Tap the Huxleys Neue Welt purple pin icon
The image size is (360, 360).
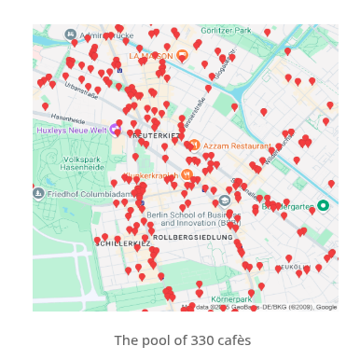coord(115,130)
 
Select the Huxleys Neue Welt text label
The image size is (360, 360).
coord(72,131)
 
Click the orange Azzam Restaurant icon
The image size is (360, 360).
coord(194,145)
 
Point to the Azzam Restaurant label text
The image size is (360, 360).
coord(237,145)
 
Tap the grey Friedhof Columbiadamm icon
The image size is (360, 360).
coord(38,194)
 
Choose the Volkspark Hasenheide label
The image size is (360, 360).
coord(81,163)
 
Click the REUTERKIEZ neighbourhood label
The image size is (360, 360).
coord(156,135)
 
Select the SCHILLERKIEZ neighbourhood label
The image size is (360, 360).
coord(122,242)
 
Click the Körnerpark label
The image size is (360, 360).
coord(230,299)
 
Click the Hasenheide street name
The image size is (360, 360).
coord(67,119)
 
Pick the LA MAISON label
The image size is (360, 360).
coord(151,55)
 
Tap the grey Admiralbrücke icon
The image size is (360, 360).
coord(71,35)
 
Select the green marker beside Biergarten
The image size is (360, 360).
coord(323,205)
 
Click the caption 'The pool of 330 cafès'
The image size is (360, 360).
coord(182,340)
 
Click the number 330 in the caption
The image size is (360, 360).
coord(191,340)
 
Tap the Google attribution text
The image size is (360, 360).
coord(325,306)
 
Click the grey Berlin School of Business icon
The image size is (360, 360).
coord(225,201)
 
